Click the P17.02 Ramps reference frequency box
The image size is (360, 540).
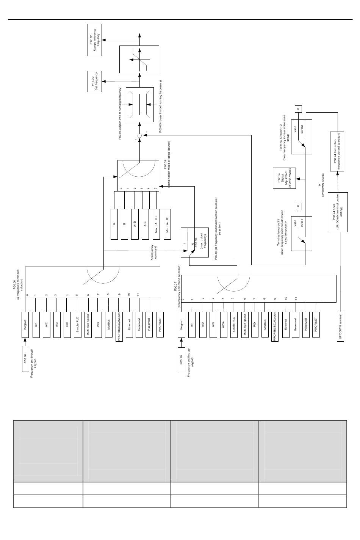click(95, 40)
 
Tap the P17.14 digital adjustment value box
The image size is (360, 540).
click(284, 178)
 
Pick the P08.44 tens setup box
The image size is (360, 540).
click(337, 151)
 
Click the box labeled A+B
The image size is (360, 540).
click(135, 224)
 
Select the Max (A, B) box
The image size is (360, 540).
click(156, 224)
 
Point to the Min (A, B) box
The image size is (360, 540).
click(167, 224)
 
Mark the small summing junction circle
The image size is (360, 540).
click(139, 135)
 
